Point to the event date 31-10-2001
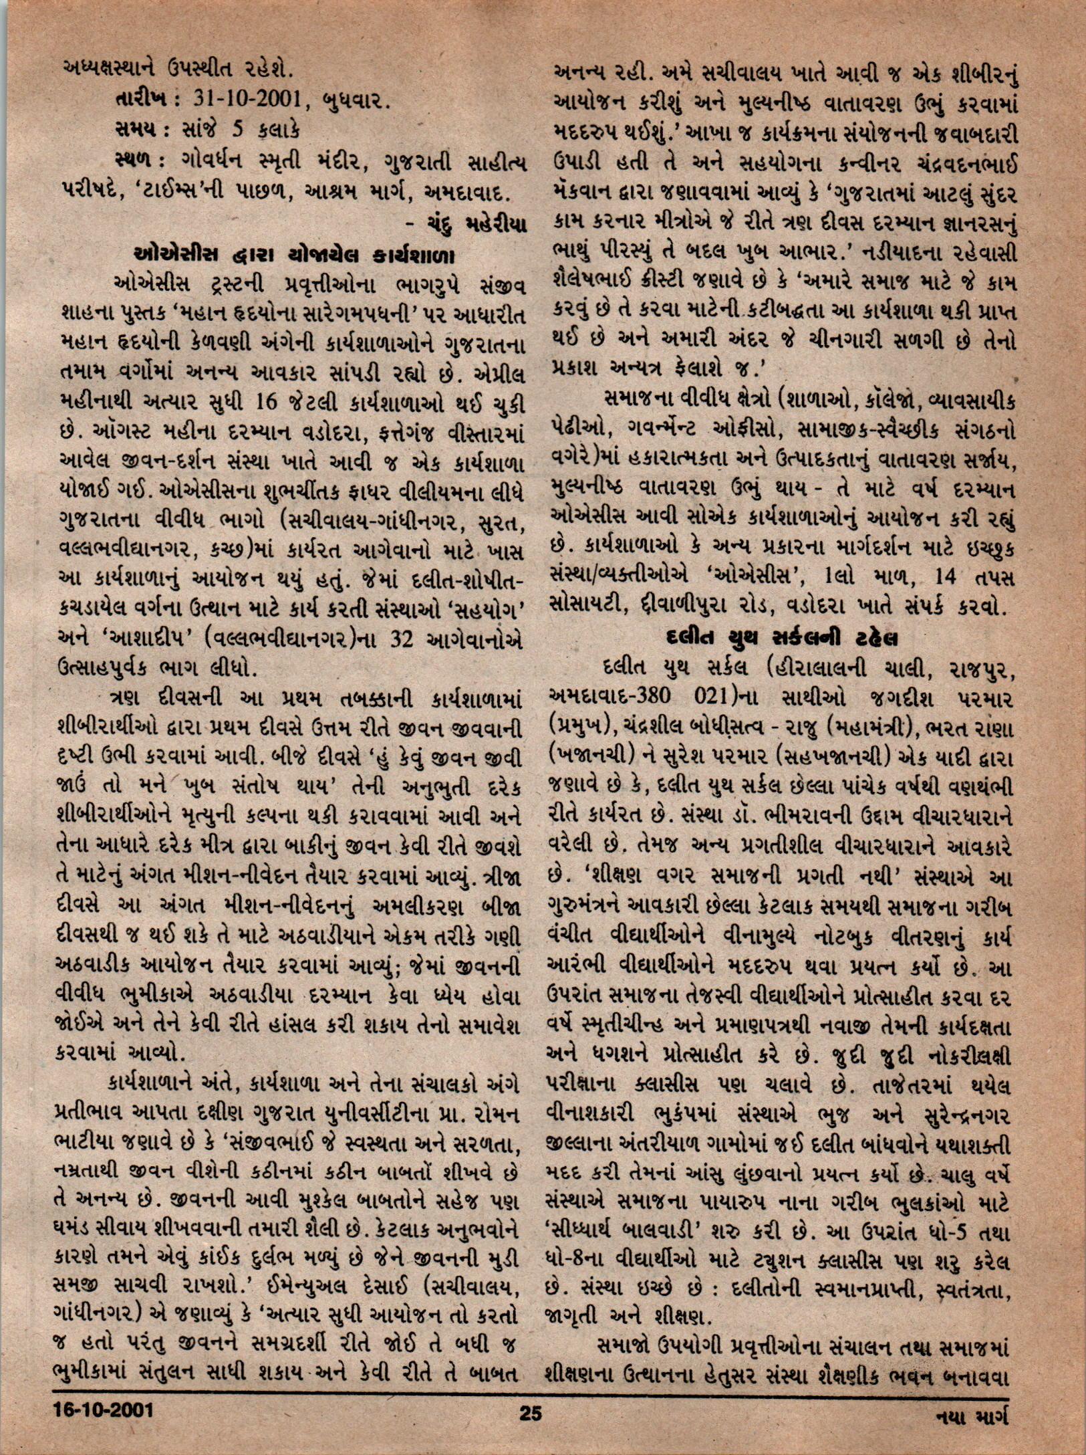point(245,100)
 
